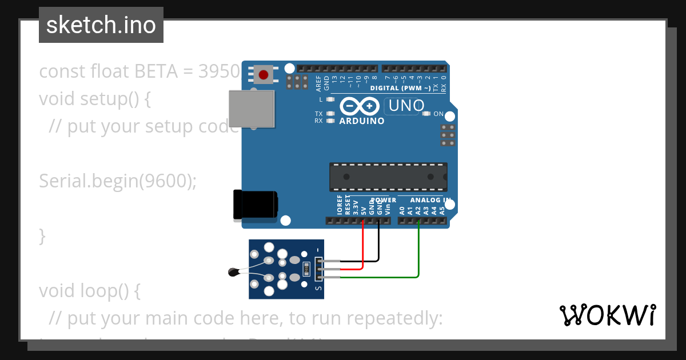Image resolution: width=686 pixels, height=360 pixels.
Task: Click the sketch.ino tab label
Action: pyautogui.click(x=101, y=25)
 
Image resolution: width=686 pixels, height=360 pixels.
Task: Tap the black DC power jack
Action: pyautogui.click(x=254, y=205)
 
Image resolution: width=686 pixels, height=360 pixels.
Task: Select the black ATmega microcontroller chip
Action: pyautogui.click(x=388, y=177)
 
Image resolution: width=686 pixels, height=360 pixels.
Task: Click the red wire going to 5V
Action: pyautogui.click(x=363, y=246)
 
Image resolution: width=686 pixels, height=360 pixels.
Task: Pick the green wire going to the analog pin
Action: pyautogui.click(x=419, y=251)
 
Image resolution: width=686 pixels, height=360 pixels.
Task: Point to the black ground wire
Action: pyautogui.click(x=378, y=243)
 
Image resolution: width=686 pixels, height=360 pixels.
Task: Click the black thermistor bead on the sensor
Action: pyautogui.click(x=233, y=273)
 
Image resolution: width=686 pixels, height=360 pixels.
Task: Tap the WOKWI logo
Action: pyautogui.click(x=607, y=315)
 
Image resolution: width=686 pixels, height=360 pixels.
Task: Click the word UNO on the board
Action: pyautogui.click(x=405, y=106)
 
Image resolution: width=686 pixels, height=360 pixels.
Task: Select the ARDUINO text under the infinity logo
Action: pyautogui.click(x=362, y=121)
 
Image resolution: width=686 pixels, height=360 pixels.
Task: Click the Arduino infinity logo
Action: pyautogui.click(x=360, y=106)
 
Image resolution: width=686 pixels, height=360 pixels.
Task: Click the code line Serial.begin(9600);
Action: pyautogui.click(x=118, y=181)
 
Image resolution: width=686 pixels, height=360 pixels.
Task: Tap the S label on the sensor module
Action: pyautogui.click(x=318, y=287)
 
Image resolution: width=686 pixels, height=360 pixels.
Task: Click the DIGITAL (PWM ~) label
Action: pyautogui.click(x=400, y=88)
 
